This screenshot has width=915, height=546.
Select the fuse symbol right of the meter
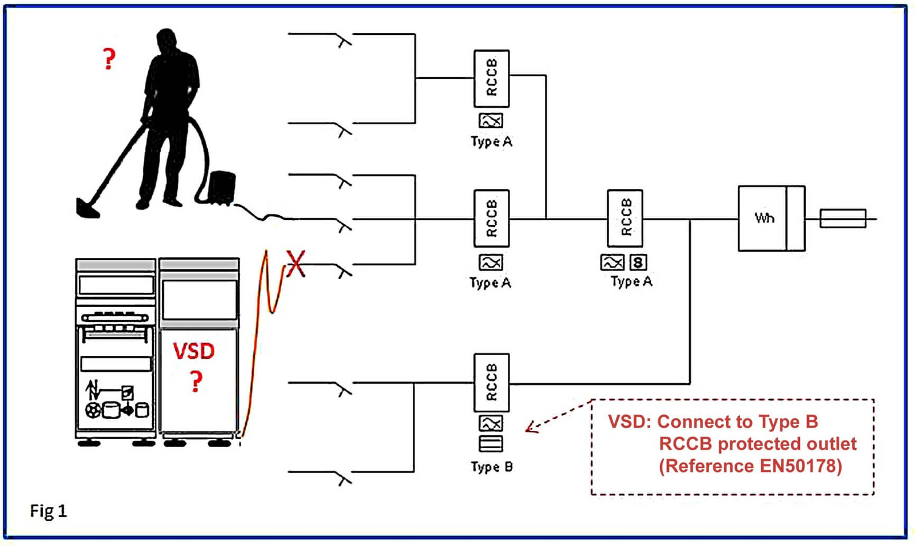[x=843, y=218]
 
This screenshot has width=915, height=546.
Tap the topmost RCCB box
[x=492, y=79]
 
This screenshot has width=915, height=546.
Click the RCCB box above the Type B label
[x=492, y=383]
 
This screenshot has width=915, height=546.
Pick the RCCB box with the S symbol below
[x=625, y=218]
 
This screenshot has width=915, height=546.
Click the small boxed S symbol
[x=638, y=262]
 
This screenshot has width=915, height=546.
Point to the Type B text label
[x=492, y=467]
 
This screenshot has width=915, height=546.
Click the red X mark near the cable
[x=295, y=263]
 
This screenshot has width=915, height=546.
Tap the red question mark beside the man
[x=109, y=59]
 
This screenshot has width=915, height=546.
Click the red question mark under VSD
[x=196, y=381]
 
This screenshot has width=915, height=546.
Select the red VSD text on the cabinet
[x=194, y=351]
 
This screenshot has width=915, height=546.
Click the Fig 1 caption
[x=49, y=511]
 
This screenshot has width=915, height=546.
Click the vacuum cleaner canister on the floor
[x=221, y=187]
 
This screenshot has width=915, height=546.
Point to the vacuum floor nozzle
[x=87, y=208]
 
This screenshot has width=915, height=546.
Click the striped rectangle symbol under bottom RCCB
[x=491, y=443]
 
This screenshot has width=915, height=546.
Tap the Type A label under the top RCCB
[x=492, y=142]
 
